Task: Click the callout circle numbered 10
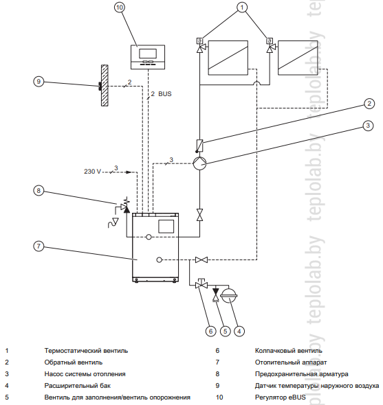[x=119, y=8]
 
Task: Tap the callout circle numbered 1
[x=242, y=8]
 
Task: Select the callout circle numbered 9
[x=39, y=82]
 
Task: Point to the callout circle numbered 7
[x=39, y=246]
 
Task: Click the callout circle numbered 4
[x=239, y=331]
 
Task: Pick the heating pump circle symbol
[x=199, y=163]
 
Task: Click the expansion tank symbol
[x=229, y=295]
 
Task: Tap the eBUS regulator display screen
[x=148, y=54]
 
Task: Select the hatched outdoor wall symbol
[x=105, y=85]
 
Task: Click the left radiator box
[x=228, y=58]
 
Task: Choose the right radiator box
[x=298, y=58]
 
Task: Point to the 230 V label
[x=92, y=172]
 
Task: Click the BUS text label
[x=165, y=94]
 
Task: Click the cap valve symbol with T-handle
[x=201, y=283]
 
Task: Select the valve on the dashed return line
[x=201, y=259]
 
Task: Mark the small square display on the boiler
[x=166, y=227]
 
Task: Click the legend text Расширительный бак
[x=78, y=386]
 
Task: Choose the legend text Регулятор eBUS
[x=281, y=397]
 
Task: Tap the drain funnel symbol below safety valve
[x=113, y=223]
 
